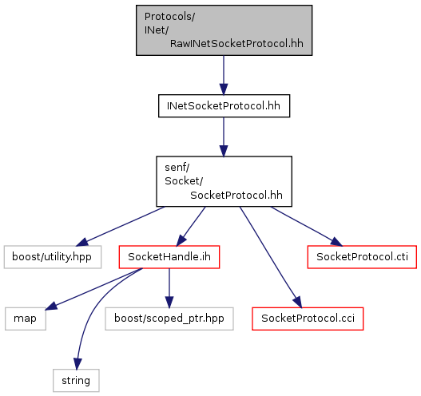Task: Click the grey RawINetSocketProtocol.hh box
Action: (224, 30)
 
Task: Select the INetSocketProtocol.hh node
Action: (224, 105)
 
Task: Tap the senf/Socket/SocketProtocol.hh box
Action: (224, 181)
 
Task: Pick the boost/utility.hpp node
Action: (53, 257)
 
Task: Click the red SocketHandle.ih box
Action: (169, 257)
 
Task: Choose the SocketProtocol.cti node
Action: (362, 257)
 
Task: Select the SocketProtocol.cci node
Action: (308, 319)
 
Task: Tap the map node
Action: (26, 319)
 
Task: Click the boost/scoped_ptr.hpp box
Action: (169, 319)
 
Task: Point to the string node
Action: (76, 381)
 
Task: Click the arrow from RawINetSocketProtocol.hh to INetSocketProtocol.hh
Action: (224, 75)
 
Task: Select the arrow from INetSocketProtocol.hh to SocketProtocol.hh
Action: (224, 137)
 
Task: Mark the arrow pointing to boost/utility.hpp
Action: (121, 226)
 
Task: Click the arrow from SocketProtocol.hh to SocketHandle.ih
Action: (191, 226)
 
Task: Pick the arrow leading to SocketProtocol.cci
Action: (271, 257)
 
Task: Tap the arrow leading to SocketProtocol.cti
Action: (306, 226)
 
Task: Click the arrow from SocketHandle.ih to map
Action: (94, 289)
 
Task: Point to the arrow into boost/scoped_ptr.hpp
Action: (169, 288)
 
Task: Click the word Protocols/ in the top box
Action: (169, 17)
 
